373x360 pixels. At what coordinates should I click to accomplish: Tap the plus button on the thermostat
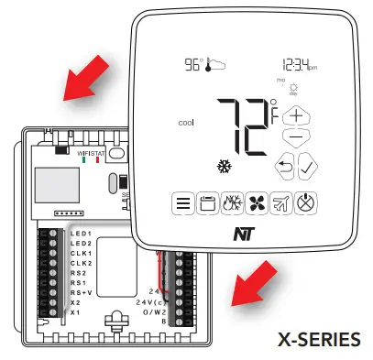[x=295, y=116]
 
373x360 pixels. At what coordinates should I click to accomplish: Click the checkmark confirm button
[x=307, y=168]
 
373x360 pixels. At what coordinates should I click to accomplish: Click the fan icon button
[x=258, y=203]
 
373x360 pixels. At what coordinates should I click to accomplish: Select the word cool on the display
[x=186, y=122]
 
